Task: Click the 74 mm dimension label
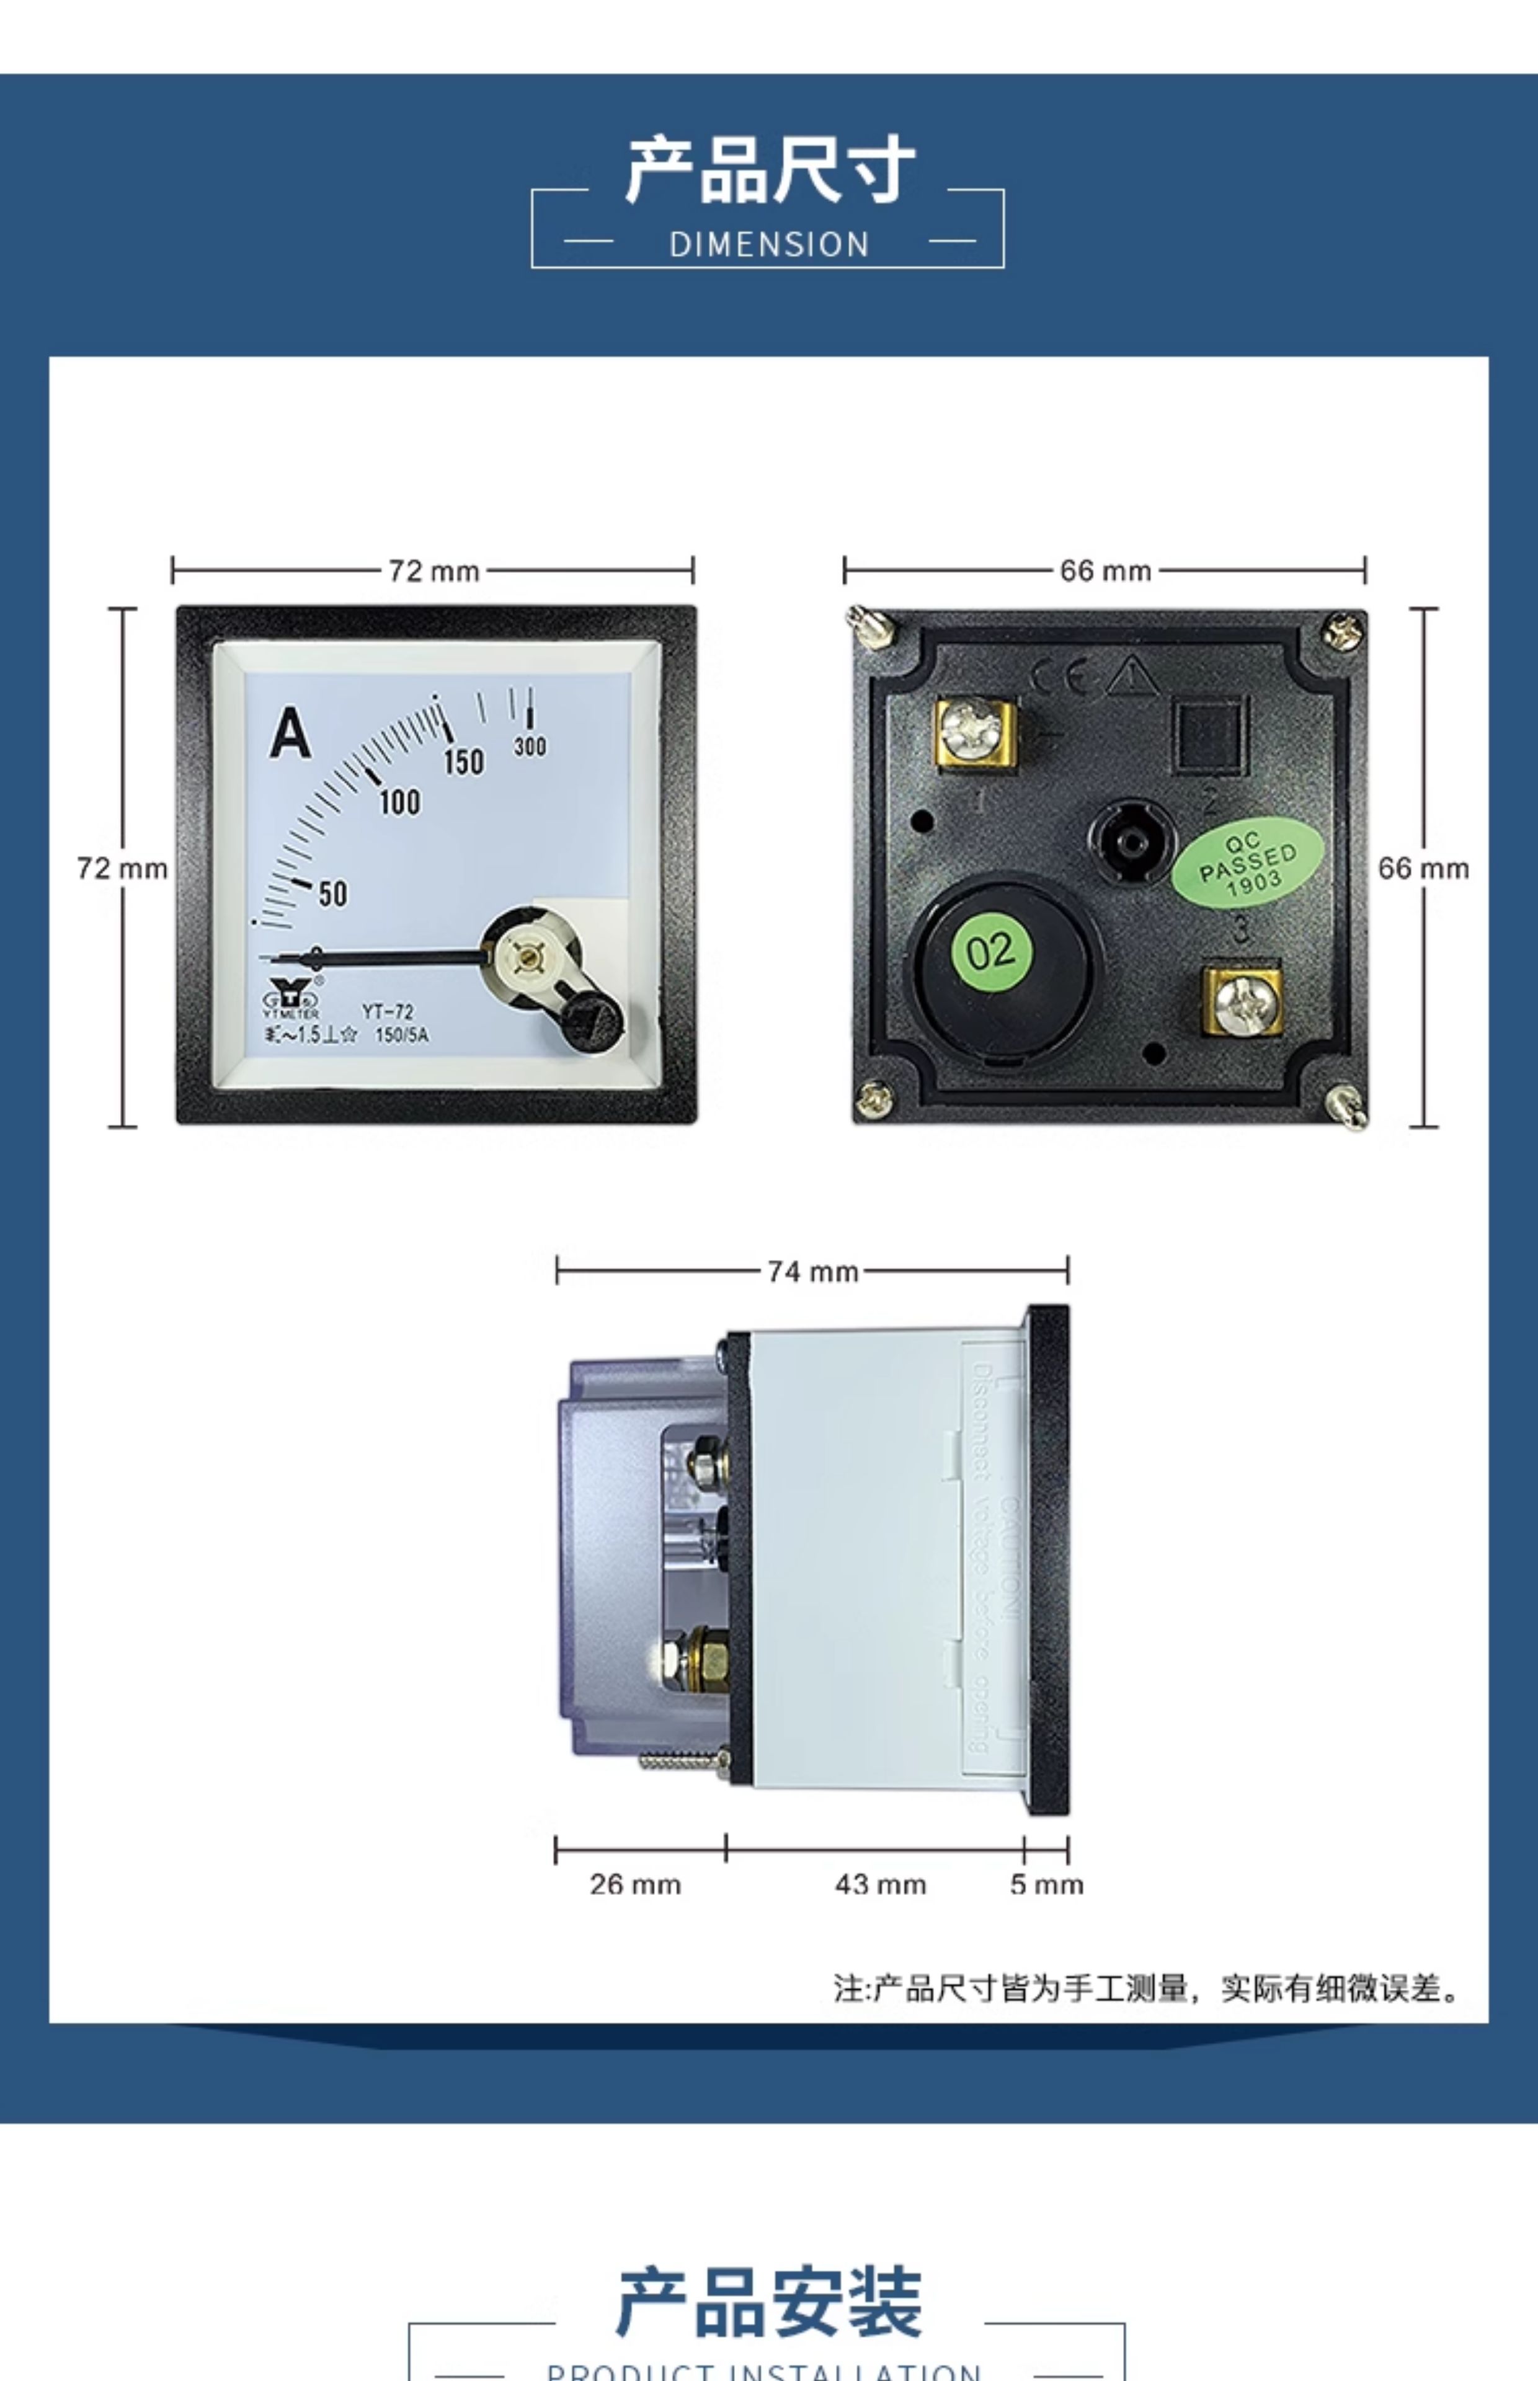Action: point(812,1271)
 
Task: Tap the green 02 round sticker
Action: point(990,951)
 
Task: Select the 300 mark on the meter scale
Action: point(530,746)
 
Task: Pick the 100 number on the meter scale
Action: point(399,802)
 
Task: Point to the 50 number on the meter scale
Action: point(332,893)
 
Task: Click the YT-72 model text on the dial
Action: point(388,1011)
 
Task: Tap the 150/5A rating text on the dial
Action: point(401,1035)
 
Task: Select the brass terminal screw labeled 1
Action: point(974,733)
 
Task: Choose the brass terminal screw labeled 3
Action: point(1242,1001)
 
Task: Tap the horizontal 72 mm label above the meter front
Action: point(433,571)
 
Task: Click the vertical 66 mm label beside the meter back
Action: point(1423,869)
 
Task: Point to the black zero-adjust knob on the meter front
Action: point(591,1020)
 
